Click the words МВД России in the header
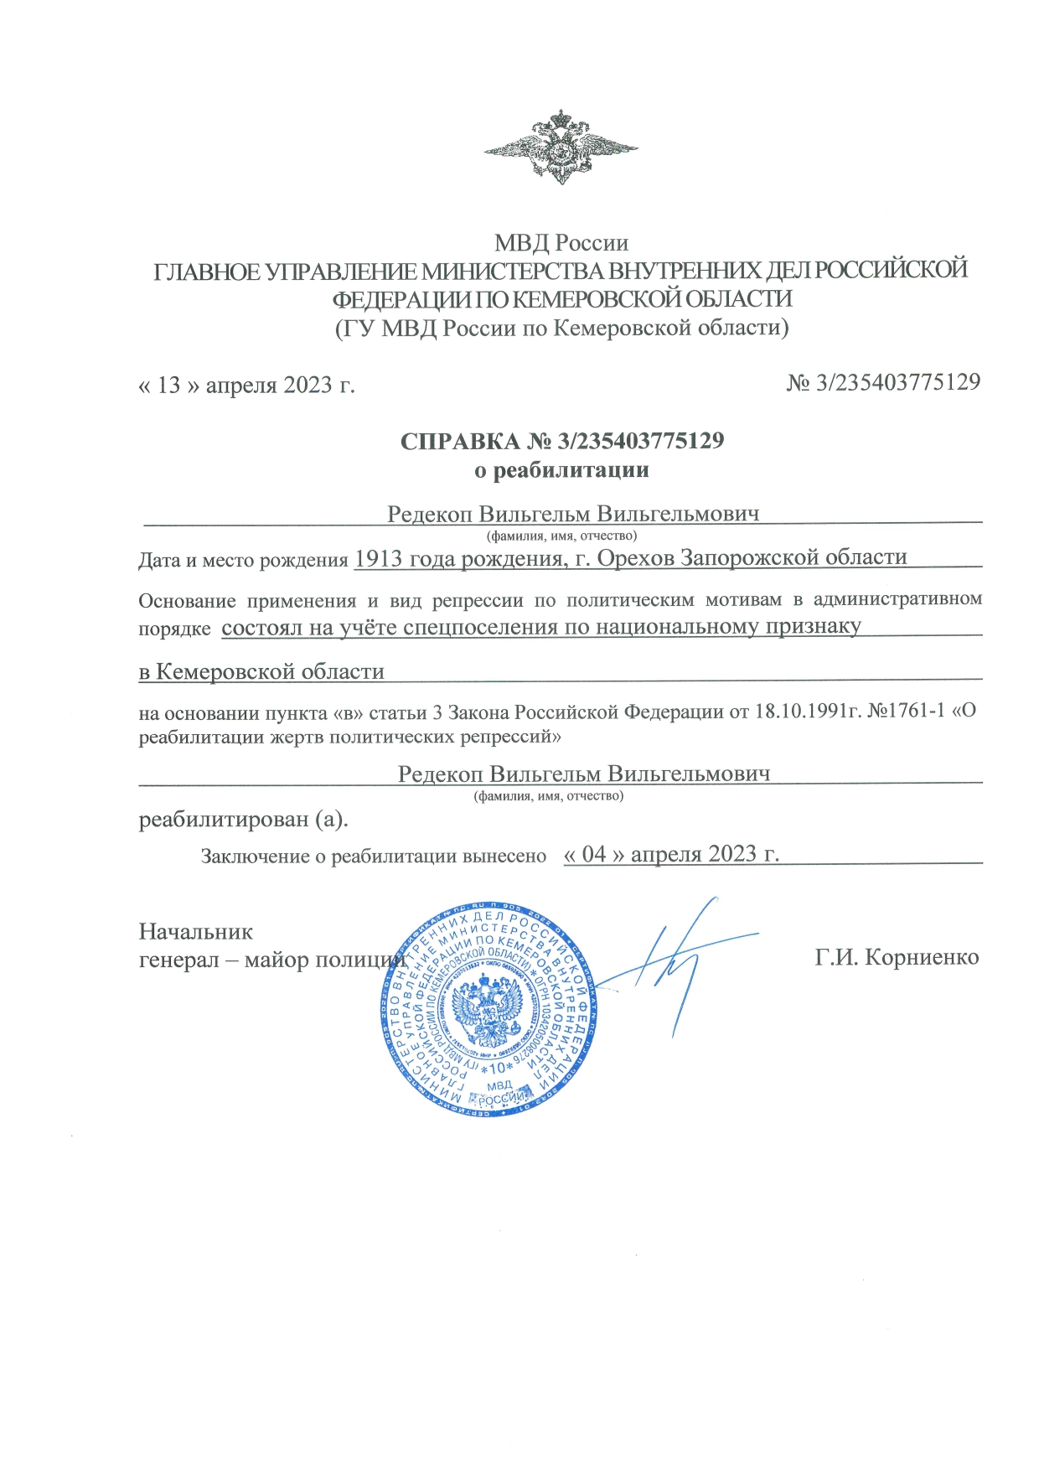pos(561,243)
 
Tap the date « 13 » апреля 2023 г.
pos(246,385)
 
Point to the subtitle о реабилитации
pos(561,469)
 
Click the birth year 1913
pos(379,558)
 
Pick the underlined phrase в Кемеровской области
pos(261,671)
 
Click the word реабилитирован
pos(223,819)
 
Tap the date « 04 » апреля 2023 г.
pos(671,854)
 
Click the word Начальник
pos(195,931)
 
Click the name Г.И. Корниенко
pos(897,957)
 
